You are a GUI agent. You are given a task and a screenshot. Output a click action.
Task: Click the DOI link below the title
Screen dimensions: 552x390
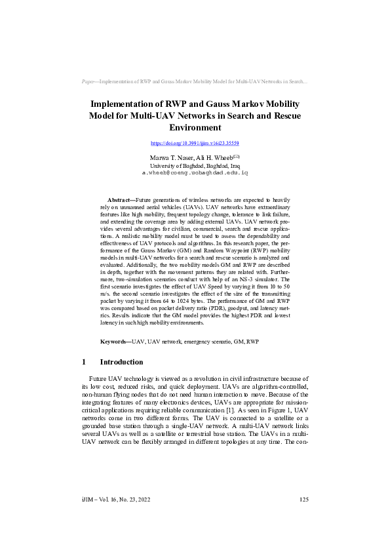click(x=195, y=142)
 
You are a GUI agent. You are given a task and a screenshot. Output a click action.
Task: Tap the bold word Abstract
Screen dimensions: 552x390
click(x=120, y=199)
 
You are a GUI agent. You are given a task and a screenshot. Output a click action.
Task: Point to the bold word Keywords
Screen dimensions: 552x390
click(x=114, y=342)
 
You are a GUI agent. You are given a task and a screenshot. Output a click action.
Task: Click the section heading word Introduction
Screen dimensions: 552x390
click(x=121, y=362)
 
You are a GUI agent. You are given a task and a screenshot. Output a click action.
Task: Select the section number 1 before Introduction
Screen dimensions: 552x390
click(x=84, y=362)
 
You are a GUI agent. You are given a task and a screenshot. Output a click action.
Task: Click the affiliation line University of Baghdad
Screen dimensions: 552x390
click(x=195, y=166)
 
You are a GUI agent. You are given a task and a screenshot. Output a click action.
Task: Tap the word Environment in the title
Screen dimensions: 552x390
click(x=195, y=128)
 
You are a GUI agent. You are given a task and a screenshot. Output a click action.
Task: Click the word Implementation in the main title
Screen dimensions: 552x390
click(x=127, y=104)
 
